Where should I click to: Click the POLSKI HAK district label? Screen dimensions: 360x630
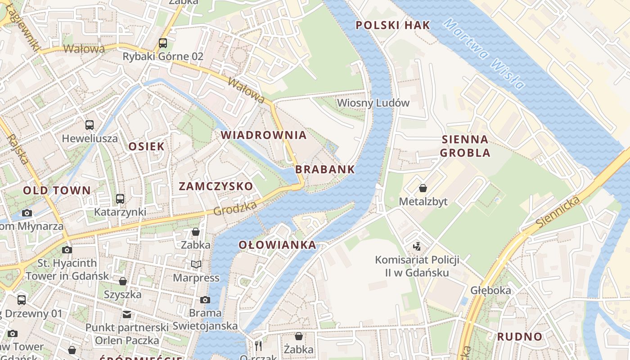point(393,25)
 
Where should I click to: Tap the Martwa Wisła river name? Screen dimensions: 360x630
point(484,53)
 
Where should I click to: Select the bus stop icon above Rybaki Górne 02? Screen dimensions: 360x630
point(163,43)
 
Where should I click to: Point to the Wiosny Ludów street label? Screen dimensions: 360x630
point(373,103)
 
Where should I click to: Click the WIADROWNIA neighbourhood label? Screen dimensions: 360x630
point(263,135)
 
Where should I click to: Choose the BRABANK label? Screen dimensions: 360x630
point(325,170)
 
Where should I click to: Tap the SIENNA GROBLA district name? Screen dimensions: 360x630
point(465,146)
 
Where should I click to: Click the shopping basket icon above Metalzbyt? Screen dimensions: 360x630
point(423,188)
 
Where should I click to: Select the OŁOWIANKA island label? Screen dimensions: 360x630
point(277,245)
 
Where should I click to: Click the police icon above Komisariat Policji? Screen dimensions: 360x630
point(417,246)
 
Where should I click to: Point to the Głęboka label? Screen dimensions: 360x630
point(490,290)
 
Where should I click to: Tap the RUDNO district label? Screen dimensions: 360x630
point(520,337)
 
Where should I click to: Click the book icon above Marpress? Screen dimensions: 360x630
point(196,264)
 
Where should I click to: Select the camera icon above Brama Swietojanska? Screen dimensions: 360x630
point(205,300)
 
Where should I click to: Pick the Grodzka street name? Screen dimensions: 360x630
point(235,208)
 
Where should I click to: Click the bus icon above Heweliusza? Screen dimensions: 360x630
point(90,125)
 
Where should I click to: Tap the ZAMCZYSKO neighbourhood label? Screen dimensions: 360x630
point(216,186)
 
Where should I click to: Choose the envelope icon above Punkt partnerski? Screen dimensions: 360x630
point(127,314)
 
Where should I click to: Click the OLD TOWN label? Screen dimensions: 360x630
point(57,190)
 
